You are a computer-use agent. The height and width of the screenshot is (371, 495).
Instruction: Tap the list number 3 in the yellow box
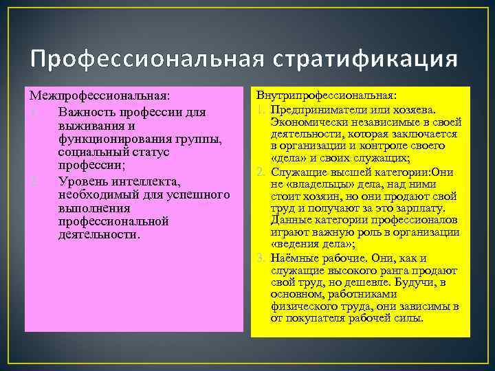tap(261, 258)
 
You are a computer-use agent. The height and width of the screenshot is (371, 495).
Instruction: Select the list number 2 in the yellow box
tap(261, 172)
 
